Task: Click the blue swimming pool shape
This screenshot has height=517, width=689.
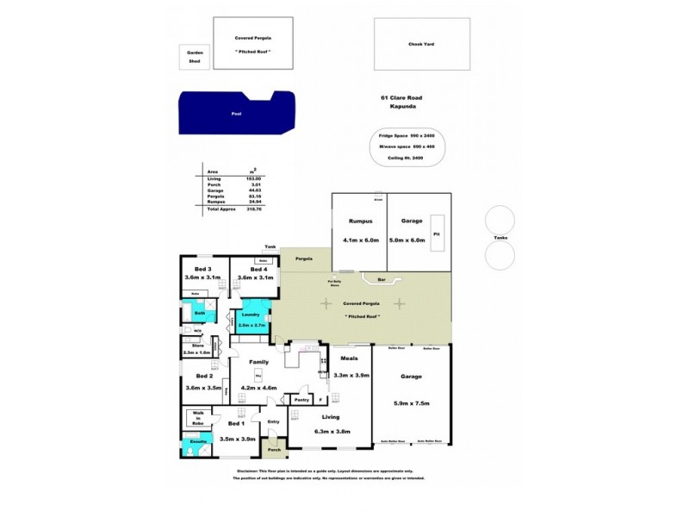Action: coord(233,114)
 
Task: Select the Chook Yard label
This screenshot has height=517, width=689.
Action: coord(422,44)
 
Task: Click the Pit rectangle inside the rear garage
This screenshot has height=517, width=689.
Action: coord(437,233)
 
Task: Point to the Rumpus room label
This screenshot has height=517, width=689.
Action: coord(359,221)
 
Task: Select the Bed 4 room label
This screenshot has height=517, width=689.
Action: coord(254,268)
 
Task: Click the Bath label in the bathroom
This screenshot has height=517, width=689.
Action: coord(199,313)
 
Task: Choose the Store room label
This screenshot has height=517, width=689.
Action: coord(196,345)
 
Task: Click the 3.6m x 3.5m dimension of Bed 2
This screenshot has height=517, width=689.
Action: coord(203,389)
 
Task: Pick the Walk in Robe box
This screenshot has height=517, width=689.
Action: coord(197,420)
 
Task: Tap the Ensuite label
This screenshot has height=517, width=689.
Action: coord(197,442)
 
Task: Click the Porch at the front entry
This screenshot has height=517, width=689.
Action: coord(275,449)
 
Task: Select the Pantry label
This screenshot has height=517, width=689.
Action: coord(301,400)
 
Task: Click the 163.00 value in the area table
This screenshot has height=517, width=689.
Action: coord(253,178)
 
